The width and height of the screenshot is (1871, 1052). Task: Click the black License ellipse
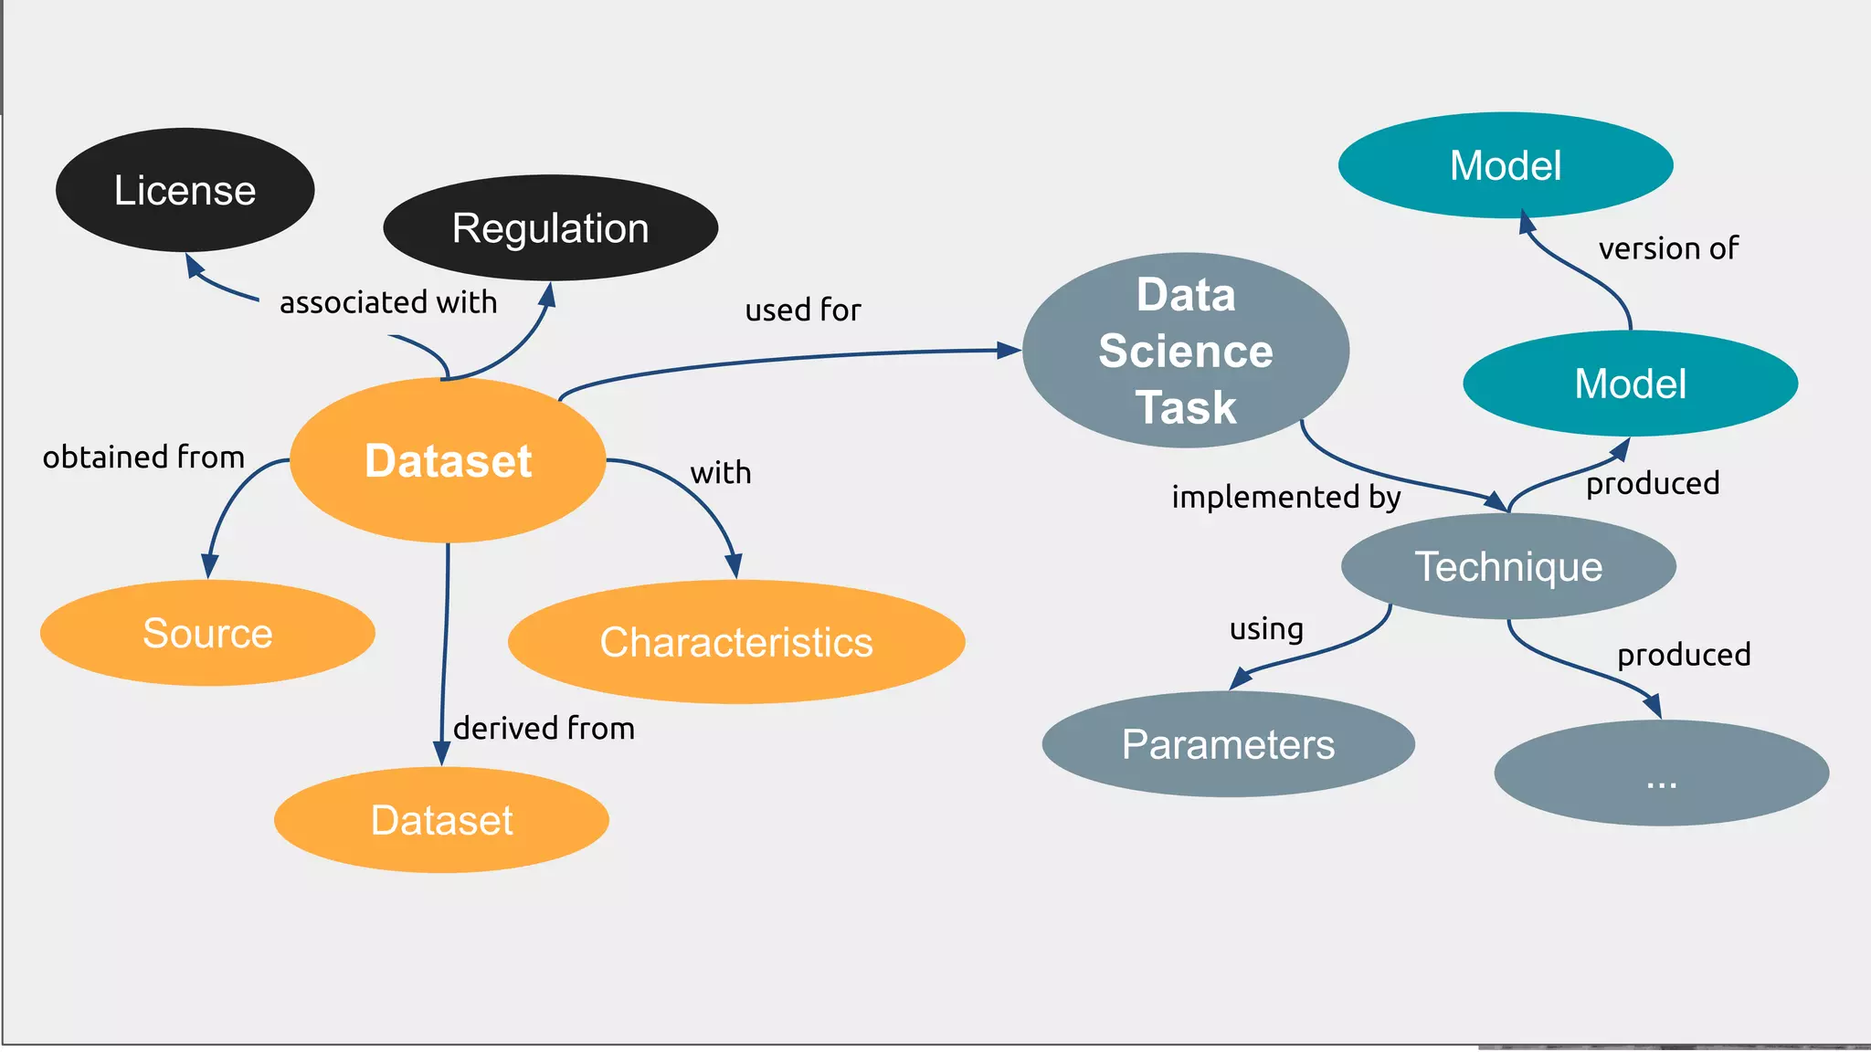(x=185, y=190)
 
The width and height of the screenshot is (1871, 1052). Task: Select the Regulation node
(x=550, y=227)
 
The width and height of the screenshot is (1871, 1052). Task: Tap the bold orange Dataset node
(x=448, y=460)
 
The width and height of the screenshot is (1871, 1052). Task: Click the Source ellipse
(x=207, y=633)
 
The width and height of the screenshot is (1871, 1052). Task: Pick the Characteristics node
(x=736, y=642)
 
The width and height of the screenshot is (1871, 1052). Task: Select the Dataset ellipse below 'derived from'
(x=441, y=820)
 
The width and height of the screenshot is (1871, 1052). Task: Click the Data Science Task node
(x=1185, y=351)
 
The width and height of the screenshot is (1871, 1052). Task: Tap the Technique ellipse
(x=1508, y=566)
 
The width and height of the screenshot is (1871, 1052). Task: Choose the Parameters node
(x=1228, y=744)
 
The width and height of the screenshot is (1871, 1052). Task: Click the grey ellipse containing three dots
(x=1661, y=773)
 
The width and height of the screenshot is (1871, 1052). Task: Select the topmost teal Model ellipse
(x=1506, y=165)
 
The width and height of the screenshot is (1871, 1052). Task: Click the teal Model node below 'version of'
(x=1630, y=384)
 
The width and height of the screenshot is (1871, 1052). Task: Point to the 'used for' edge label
(x=803, y=310)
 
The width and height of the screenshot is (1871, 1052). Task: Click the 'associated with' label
(x=388, y=302)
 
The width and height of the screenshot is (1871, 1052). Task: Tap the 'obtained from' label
(x=143, y=457)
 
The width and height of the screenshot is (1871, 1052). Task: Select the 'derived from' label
(x=544, y=729)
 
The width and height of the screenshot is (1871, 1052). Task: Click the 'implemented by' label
(x=1285, y=497)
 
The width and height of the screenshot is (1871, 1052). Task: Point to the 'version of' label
(x=1668, y=248)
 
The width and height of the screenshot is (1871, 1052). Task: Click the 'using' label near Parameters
(x=1266, y=629)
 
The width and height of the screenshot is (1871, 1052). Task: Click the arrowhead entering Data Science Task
(x=1009, y=350)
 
